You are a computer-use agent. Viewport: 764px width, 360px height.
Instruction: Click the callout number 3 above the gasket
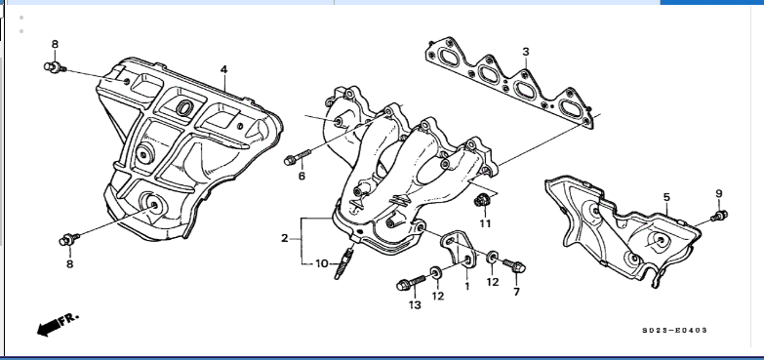point(525,52)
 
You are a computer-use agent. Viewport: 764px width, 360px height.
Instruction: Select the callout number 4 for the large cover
point(223,69)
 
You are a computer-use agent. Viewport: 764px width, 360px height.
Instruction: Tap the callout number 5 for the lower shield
point(666,197)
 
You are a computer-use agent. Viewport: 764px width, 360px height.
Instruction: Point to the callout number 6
point(302,176)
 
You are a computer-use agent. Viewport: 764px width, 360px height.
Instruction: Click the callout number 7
point(516,292)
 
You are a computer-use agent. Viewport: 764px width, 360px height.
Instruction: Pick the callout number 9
point(719,193)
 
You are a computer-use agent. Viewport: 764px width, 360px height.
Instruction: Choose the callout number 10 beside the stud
point(322,264)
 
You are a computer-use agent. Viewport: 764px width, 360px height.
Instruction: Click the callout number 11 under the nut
point(485,223)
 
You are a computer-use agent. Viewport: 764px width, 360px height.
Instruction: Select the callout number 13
point(415,305)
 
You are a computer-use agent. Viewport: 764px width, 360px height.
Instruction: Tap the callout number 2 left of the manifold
point(285,238)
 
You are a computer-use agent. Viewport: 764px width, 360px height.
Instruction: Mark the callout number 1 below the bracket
point(466,286)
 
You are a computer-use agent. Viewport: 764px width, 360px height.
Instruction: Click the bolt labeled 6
point(298,157)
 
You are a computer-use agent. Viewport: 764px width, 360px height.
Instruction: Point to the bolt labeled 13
point(412,283)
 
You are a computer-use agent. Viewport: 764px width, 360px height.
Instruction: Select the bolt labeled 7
point(514,265)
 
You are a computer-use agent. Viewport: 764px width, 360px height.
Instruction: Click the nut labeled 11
point(482,199)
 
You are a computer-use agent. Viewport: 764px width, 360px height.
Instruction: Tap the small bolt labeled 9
point(719,216)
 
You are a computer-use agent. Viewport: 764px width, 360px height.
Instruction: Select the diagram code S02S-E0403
point(674,331)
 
